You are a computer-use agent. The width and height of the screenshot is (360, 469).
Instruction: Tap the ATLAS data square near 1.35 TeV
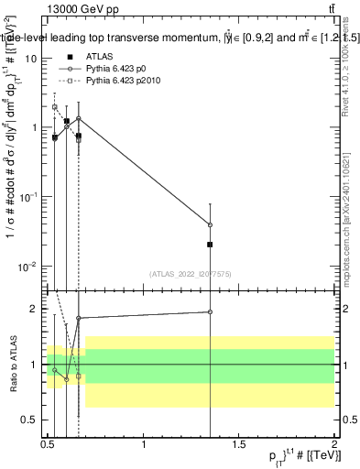pos(211,245)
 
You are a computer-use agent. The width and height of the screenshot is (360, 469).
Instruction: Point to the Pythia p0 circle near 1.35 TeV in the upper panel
pos(211,224)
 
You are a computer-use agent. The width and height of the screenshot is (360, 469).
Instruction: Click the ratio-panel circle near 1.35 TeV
pos(211,311)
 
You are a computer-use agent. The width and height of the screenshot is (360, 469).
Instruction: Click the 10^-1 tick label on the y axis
pos(28,197)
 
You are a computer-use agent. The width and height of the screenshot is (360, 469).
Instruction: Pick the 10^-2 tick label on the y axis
pos(28,267)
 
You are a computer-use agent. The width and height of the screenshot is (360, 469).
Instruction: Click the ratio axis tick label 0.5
pos(31,420)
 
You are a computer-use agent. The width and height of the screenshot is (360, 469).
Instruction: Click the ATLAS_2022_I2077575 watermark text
pos(190,273)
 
